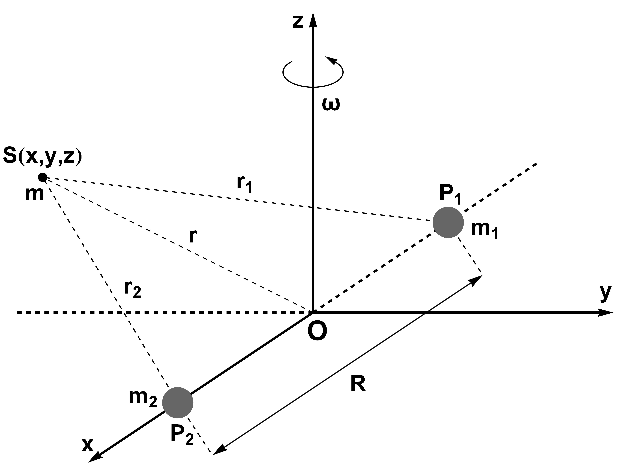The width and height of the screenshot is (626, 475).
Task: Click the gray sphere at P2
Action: pyautogui.click(x=178, y=403)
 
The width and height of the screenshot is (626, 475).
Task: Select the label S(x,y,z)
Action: pyautogui.click(x=42, y=157)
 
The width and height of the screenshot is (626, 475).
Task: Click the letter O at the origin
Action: pyautogui.click(x=317, y=332)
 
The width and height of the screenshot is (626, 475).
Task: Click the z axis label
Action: pyautogui.click(x=298, y=22)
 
